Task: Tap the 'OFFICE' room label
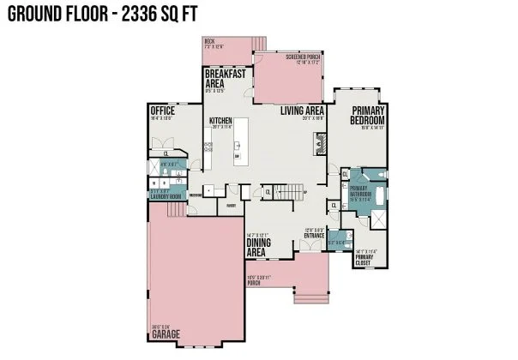162,111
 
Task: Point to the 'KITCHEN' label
220,122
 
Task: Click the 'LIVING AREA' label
300,111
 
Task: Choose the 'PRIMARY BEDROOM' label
368,116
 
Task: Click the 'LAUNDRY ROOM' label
165,196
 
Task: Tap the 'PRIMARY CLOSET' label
364,260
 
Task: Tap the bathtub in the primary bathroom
380,195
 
